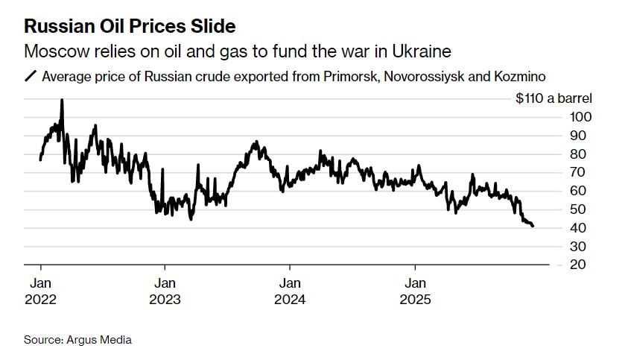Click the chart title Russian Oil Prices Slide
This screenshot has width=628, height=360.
[130, 27]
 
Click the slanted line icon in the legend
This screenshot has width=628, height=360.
[31, 76]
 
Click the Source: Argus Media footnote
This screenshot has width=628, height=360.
[77, 340]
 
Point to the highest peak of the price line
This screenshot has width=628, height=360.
[61, 100]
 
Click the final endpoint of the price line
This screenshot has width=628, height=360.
[532, 226]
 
